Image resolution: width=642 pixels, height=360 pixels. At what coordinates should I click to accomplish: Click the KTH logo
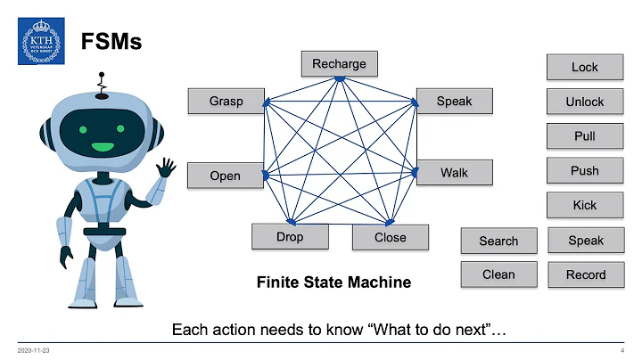click(x=40, y=41)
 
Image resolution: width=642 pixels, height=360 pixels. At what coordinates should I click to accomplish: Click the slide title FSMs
click(x=111, y=41)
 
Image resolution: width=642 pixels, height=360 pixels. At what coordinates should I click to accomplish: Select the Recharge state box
click(x=339, y=64)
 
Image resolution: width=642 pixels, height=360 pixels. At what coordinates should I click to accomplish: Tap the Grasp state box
click(x=226, y=101)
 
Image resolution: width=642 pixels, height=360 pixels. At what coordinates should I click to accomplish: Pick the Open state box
click(x=225, y=176)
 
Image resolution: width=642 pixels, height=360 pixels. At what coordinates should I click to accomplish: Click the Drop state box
click(x=289, y=236)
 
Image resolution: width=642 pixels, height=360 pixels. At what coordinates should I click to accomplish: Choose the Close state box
click(x=390, y=237)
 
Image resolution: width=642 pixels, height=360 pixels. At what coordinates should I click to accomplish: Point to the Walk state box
click(x=454, y=172)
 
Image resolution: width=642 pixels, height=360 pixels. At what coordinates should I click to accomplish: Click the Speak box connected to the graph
click(x=454, y=101)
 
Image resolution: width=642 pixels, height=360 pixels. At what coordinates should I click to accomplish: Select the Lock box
click(x=584, y=67)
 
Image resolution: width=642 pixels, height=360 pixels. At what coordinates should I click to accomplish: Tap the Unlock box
click(x=584, y=102)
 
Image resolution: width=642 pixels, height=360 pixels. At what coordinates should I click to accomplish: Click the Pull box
click(x=584, y=136)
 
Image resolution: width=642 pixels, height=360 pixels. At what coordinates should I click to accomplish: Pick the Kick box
click(x=584, y=205)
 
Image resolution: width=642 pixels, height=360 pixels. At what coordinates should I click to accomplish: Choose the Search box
click(x=498, y=241)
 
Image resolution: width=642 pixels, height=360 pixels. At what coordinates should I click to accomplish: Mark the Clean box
click(x=498, y=274)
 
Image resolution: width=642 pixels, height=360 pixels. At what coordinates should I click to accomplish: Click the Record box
click(x=585, y=274)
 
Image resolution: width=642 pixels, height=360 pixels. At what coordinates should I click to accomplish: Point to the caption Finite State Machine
click(x=333, y=282)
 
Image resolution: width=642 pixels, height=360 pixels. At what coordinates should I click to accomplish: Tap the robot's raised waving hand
click(x=165, y=168)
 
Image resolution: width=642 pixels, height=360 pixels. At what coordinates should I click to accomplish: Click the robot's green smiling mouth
click(x=103, y=146)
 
